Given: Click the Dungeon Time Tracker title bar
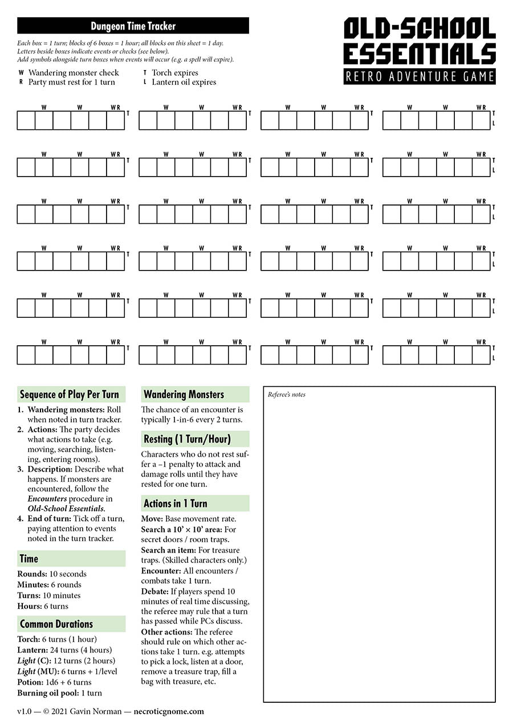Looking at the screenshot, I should pos(133,26).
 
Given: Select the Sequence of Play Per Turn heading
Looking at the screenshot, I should pos(70,395).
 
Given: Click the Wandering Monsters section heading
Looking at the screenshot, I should pos(184,394).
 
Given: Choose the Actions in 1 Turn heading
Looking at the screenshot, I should pos(175,503).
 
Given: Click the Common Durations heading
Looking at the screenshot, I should pos(56,624).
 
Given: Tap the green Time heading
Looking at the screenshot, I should pos(29,559).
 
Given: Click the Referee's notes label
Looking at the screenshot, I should pos(287,395).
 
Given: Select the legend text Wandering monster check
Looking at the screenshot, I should pos(74,73).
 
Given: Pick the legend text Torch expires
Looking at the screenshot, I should pos(175,73).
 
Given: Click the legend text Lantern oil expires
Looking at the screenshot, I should pos(184,82).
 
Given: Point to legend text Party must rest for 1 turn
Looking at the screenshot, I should pos(72,82).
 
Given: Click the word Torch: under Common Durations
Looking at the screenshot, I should pos(28,639).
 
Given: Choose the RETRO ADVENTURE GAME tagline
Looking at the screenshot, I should pos(420,76).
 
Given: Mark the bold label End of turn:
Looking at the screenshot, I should pos(50,518).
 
